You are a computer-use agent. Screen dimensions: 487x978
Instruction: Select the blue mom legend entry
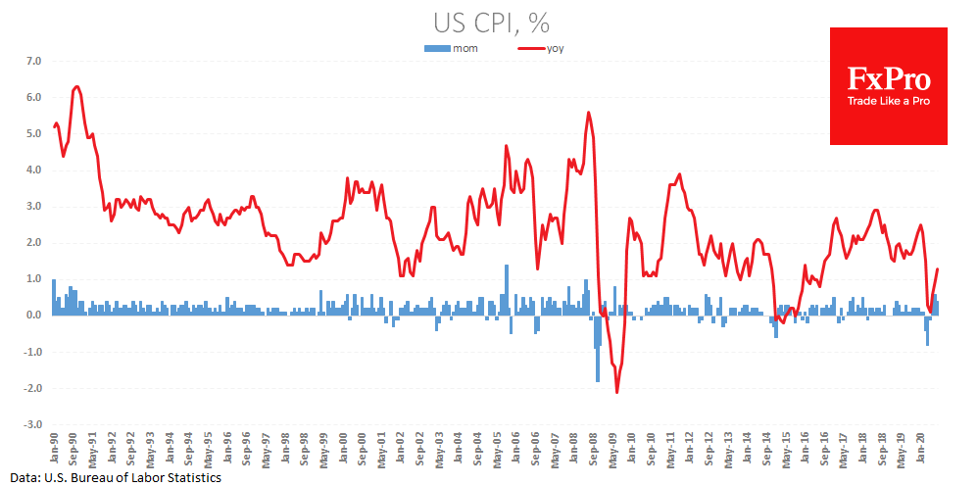(x=452, y=48)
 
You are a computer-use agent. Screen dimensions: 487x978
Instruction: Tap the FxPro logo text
(x=889, y=78)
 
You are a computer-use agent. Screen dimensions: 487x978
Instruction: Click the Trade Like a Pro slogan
(x=889, y=101)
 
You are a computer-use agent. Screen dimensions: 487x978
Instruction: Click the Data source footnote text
(x=111, y=477)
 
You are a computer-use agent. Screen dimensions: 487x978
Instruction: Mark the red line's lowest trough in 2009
(x=617, y=392)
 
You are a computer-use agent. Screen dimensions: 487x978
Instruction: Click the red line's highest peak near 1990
(x=76, y=86)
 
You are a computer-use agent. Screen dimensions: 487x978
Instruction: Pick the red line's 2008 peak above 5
(x=588, y=112)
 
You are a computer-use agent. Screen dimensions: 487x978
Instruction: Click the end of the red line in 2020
(x=937, y=269)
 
